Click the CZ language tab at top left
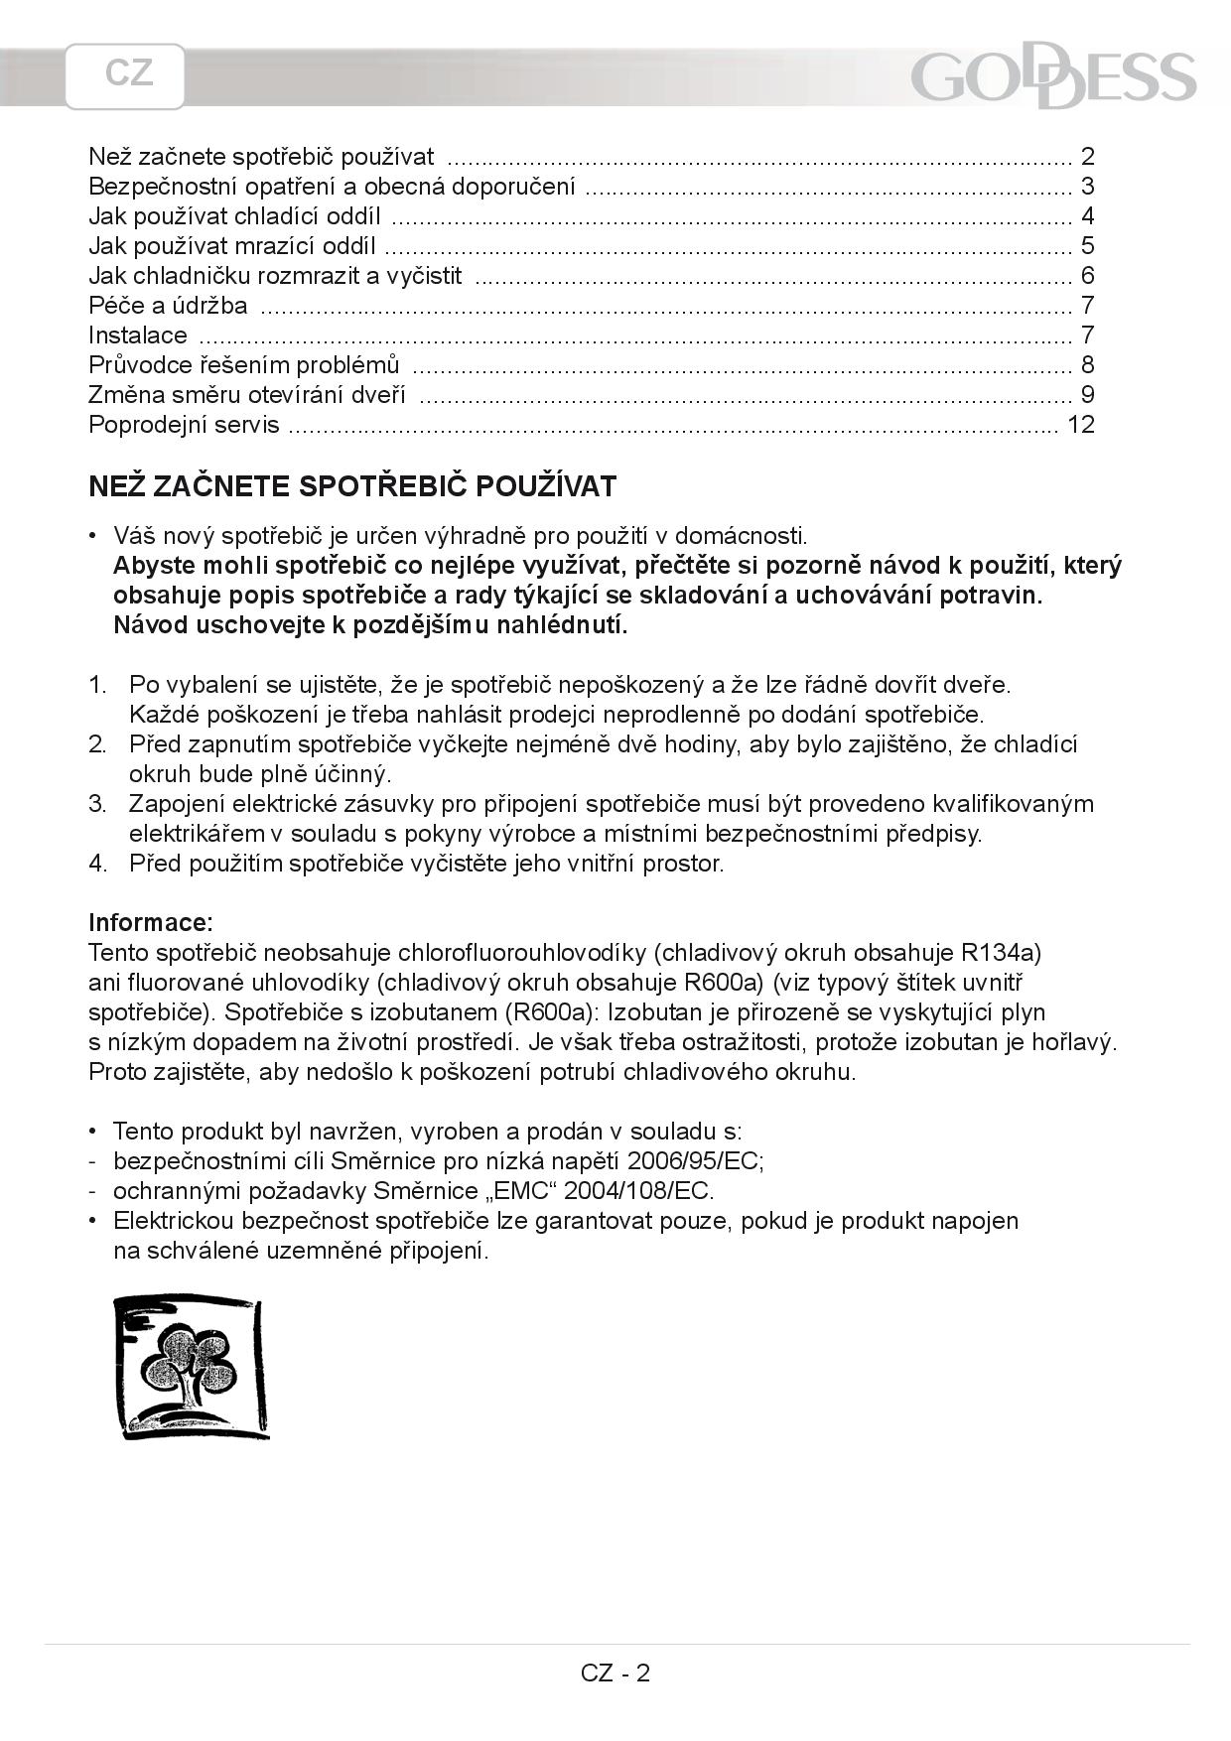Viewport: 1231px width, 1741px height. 126,75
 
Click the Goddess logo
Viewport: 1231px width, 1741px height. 1052,78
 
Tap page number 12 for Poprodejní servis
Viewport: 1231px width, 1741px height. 1080,425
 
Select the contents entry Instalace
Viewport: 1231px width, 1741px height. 138,335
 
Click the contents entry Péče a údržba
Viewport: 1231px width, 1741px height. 168,306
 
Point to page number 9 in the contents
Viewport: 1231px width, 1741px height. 1087,395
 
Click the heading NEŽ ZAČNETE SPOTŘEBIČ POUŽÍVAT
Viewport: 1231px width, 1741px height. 352,486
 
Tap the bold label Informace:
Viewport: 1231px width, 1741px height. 151,922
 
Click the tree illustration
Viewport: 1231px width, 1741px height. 191,1366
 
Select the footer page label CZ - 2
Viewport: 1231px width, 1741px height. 615,1673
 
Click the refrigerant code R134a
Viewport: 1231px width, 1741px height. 1001,953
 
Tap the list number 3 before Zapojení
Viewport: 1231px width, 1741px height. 96,804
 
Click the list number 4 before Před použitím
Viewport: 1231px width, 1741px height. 96,864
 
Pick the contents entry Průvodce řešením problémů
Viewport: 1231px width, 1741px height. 243,365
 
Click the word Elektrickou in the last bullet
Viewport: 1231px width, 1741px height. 174,1221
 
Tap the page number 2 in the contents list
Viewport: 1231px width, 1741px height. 1087,157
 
